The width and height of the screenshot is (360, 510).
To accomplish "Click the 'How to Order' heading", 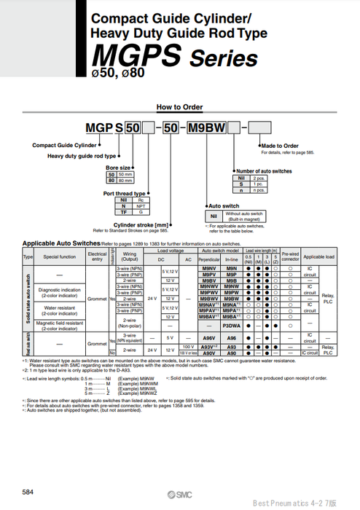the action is (179, 107).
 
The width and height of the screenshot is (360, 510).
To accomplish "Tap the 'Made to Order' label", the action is (280, 146).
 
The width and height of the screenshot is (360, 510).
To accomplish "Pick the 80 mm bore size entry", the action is (120, 181).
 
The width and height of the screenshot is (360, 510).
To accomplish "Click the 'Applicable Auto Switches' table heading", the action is (61, 243).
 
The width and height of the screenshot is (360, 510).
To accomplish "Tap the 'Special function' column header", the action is (59, 257).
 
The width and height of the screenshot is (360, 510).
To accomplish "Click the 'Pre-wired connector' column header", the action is (290, 257).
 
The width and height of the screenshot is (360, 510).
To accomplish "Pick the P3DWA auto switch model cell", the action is (232, 326).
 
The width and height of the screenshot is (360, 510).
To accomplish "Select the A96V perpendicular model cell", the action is (209, 338).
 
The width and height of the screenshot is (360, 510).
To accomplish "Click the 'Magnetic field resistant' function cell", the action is (60, 326).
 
